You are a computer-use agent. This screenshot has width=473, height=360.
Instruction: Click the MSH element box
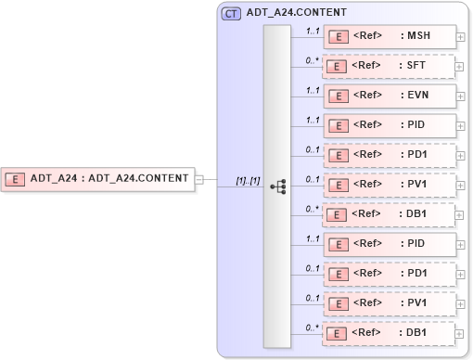[390, 36]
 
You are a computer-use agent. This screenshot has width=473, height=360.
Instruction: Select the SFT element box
[390, 66]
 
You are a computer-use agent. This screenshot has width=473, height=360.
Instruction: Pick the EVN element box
[390, 96]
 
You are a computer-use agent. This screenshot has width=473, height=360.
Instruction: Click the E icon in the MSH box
[339, 37]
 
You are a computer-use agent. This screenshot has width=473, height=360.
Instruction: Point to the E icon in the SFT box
[339, 67]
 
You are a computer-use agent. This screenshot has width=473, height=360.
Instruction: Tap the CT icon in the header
[231, 14]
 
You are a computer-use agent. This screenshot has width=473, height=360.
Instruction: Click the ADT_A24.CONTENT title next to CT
[297, 14]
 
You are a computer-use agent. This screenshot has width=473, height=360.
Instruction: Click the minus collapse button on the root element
[199, 179]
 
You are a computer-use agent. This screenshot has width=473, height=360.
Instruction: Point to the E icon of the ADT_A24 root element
[16, 178]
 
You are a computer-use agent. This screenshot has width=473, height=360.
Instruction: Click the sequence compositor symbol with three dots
[277, 186]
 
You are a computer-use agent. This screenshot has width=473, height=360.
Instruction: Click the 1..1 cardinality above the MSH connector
[313, 31]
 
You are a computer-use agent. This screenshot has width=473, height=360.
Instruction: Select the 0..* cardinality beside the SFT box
[313, 60]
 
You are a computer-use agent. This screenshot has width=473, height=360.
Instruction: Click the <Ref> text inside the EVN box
[368, 95]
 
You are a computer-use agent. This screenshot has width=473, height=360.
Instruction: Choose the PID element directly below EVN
[390, 125]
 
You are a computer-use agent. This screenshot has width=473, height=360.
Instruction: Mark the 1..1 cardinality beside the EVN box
[313, 90]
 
